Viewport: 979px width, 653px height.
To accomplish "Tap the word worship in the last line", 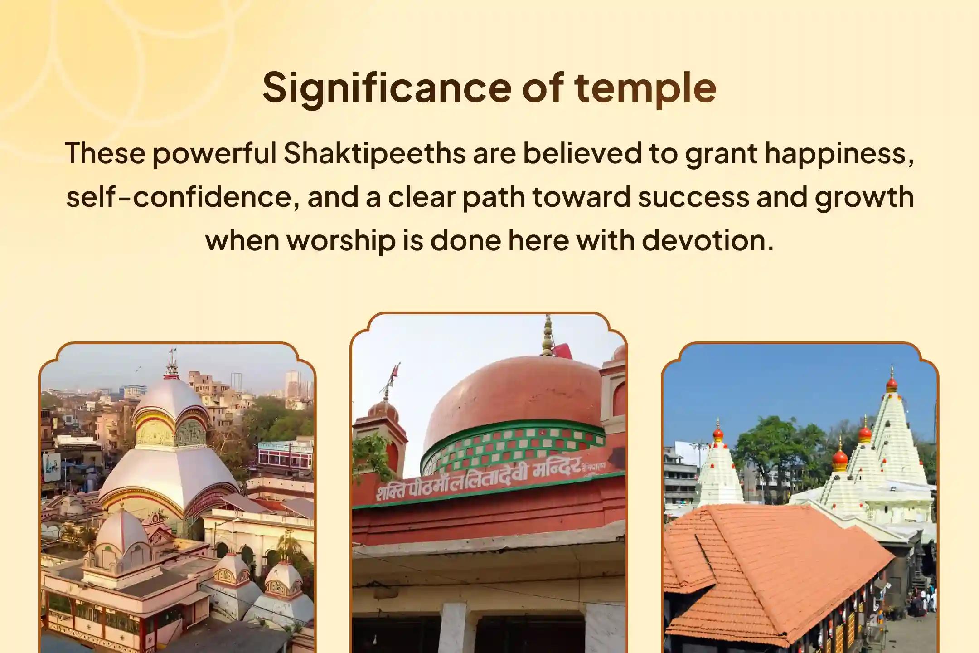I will pos(341,240).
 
